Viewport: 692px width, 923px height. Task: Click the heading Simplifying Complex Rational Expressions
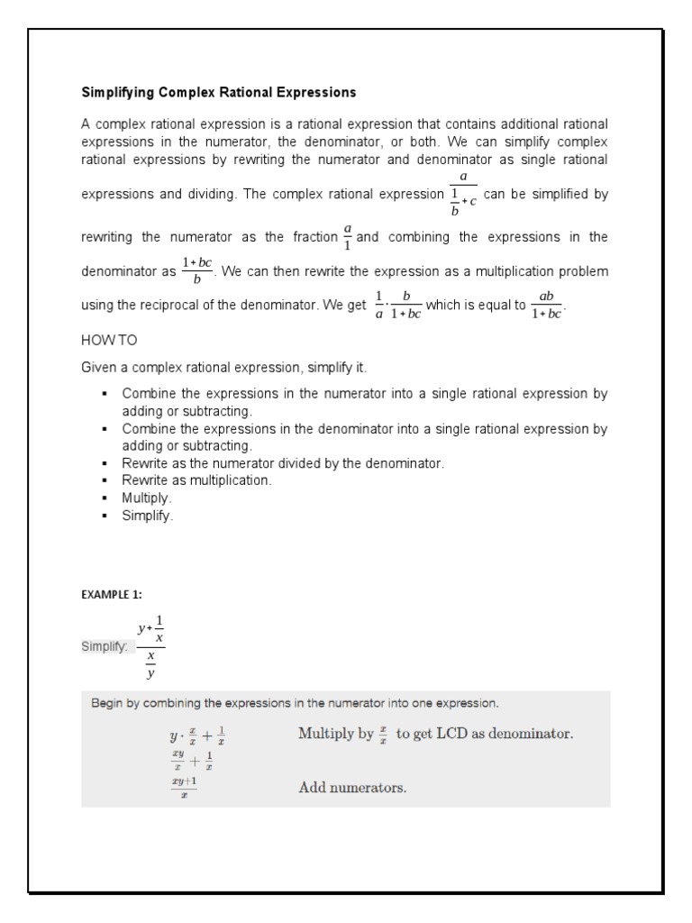click(219, 92)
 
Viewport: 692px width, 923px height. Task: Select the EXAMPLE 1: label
click(112, 594)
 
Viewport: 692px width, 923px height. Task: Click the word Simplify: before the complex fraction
click(105, 647)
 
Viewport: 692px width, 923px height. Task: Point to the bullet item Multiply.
click(147, 498)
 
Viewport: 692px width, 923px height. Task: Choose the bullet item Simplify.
click(147, 516)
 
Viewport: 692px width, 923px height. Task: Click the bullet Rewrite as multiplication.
click(196, 480)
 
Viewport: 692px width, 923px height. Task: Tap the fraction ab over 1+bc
click(546, 305)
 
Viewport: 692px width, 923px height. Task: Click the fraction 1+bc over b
click(196, 270)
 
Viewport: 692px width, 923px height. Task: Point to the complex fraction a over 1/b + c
click(463, 195)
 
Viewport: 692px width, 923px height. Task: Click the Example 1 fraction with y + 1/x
click(150, 645)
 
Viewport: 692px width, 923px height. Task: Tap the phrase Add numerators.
click(352, 788)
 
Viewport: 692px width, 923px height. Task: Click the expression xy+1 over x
click(184, 788)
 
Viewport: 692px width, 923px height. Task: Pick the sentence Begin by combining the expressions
click(295, 703)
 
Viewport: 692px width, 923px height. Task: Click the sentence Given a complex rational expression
click(224, 368)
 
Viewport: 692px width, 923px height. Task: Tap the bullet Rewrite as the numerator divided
click(283, 463)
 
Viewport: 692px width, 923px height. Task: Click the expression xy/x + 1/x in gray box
click(192, 762)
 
